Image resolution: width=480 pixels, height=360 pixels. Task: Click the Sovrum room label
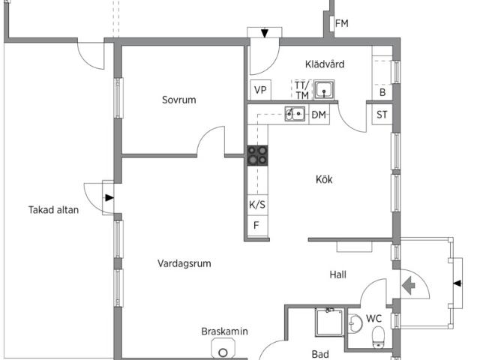179,100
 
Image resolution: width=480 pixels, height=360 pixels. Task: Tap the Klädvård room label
325,64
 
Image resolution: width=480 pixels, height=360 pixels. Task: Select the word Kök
324,179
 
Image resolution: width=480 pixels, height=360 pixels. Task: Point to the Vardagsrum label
184,263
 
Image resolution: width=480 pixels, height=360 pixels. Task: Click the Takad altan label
53,210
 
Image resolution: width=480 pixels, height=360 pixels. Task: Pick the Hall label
338,275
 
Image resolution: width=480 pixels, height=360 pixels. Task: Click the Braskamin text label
224,331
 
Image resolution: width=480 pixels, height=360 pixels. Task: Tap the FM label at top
341,24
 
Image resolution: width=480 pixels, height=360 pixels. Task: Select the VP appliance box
260,90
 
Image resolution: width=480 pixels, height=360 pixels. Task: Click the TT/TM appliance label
301,90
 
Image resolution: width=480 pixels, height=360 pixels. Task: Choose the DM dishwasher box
319,115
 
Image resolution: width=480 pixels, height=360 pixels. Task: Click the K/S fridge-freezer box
257,204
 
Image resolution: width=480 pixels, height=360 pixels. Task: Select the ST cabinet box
382,115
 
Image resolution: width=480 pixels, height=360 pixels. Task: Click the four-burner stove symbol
258,155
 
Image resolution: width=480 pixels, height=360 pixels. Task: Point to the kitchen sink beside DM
295,115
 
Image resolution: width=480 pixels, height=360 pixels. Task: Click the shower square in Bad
328,323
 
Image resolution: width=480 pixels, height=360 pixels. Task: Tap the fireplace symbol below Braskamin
223,351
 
